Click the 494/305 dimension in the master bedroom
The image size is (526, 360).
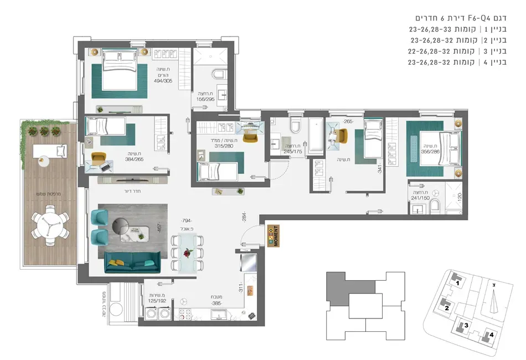click(x=162, y=80)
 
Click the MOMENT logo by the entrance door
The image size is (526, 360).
click(x=272, y=236)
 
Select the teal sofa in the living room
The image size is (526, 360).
click(x=132, y=261)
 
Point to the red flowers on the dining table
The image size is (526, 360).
click(x=188, y=253)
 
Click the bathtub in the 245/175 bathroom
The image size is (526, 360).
click(x=317, y=136)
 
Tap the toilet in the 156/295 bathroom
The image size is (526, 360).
click(x=219, y=75)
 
